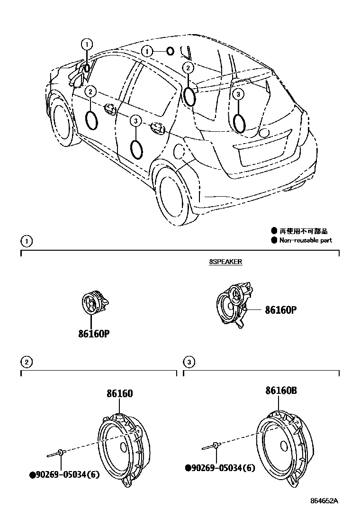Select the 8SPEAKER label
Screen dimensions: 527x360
[226, 261]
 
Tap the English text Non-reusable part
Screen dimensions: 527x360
[305, 240]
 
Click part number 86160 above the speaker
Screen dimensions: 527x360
[119, 393]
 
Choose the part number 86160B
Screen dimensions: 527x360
[281, 391]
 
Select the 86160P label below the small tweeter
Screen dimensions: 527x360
[94, 334]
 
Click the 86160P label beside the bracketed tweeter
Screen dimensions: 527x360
[280, 310]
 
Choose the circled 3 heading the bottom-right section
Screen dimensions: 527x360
[189, 363]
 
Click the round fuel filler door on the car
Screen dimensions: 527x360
[180, 152]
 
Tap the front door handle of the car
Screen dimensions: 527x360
[110, 109]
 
